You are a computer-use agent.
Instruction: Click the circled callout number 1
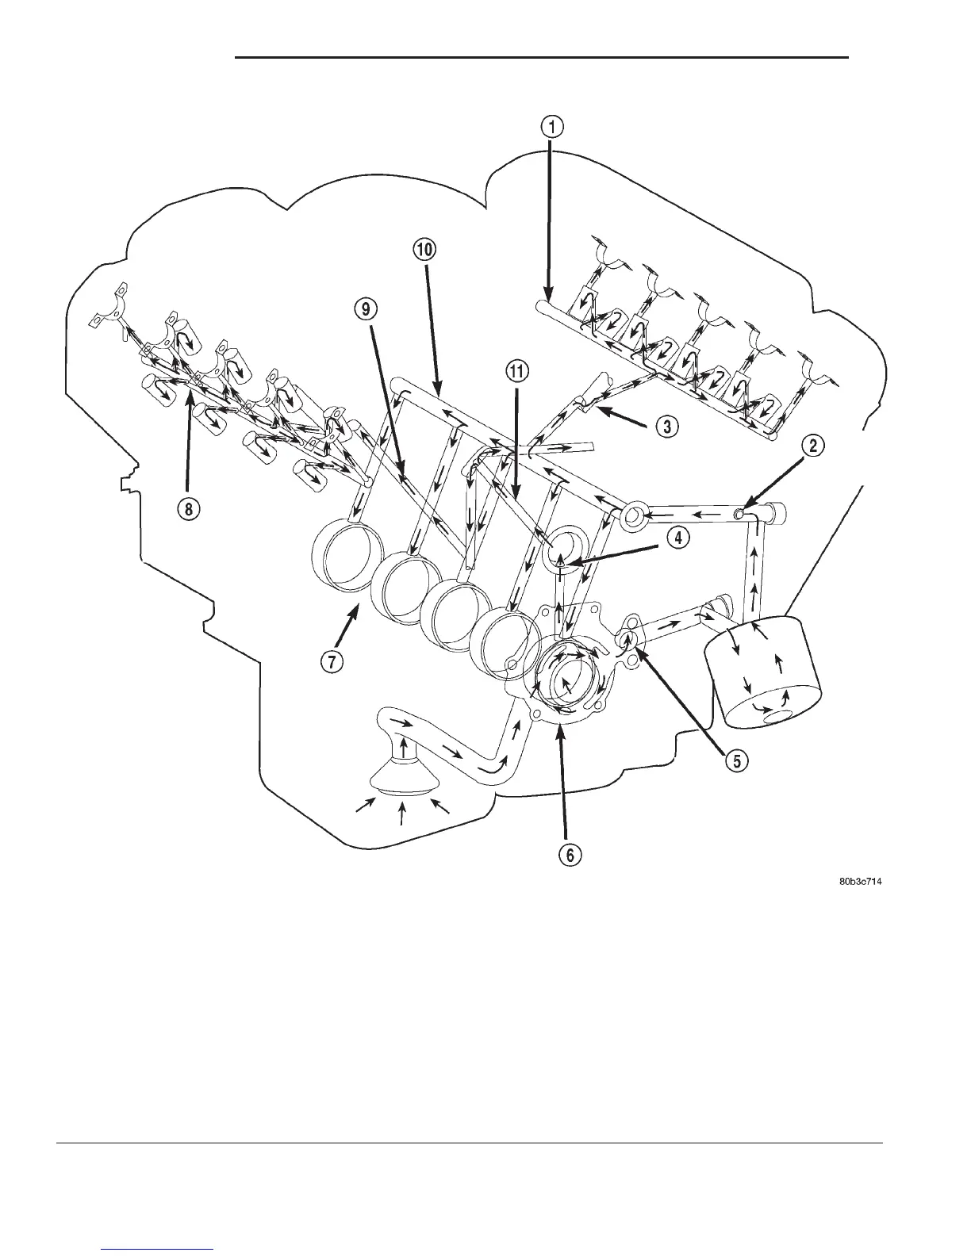click(x=552, y=126)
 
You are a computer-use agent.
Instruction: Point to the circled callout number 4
click(x=677, y=538)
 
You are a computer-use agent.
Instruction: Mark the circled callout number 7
click(x=332, y=663)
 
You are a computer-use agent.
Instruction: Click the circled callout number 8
click(x=187, y=508)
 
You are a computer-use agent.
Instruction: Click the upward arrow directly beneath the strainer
click(x=404, y=814)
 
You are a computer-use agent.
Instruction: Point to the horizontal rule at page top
click(x=542, y=58)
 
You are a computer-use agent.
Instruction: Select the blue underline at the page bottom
click(x=159, y=1249)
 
